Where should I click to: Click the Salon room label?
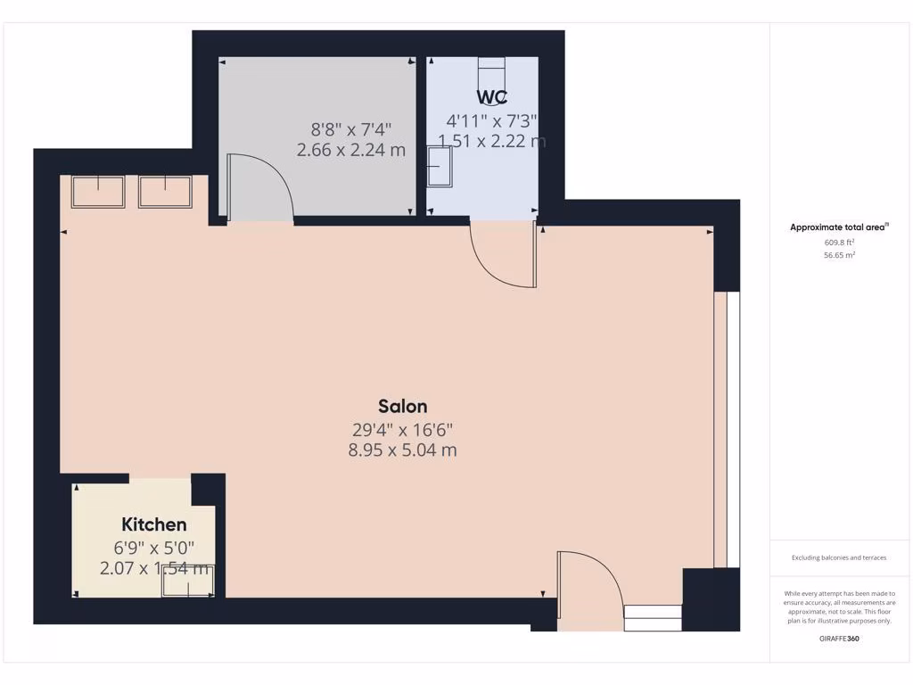tap(401, 407)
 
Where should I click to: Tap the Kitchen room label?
tap(154, 524)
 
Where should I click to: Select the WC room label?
tap(492, 96)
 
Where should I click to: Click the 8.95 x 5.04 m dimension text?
tap(402, 450)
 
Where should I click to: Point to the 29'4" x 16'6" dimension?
tap(402, 429)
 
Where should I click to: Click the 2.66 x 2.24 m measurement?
tap(351, 150)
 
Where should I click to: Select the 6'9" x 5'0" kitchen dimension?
tap(154, 547)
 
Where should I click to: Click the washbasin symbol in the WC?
tap(440, 166)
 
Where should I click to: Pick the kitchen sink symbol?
tap(187, 581)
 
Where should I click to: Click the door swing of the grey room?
tap(259, 187)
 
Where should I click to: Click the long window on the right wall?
tap(727, 429)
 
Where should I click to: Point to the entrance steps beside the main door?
tap(653, 617)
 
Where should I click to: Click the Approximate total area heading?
tap(838, 227)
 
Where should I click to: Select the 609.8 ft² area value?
tap(838, 242)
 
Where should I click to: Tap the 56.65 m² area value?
tap(838, 255)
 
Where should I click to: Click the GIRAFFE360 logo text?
tap(839, 639)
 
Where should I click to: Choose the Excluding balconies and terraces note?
tap(839, 557)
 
